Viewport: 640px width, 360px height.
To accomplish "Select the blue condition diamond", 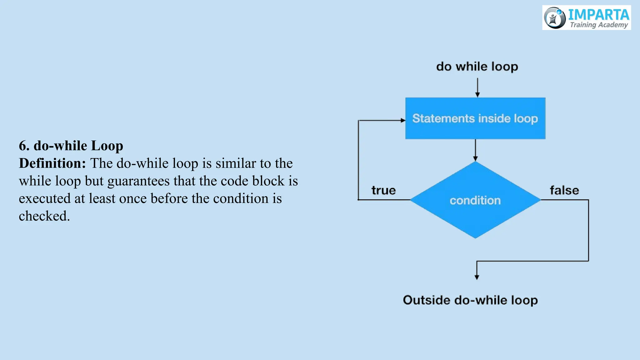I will coord(475,200).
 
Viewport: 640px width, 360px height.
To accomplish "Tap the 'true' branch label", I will coord(383,190).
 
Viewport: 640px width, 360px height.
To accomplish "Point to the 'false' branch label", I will coord(564,190).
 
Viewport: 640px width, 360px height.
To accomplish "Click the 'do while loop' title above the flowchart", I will coord(477,67).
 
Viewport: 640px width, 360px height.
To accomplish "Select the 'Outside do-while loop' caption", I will coord(470,300).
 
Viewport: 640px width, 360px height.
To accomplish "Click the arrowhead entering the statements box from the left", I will coord(403,120).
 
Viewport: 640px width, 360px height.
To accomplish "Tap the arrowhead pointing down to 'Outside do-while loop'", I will coord(477,277).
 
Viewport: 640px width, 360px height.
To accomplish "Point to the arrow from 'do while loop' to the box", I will coord(477,87).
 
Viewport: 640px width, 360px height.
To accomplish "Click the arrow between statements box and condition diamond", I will coord(475,150).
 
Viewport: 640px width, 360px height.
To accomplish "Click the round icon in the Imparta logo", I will coord(555,18).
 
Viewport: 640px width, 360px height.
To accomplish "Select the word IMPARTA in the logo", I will coord(598,14).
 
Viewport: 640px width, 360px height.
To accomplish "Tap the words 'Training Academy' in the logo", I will coord(599,25).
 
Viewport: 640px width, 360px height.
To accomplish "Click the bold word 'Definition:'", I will coord(52,163).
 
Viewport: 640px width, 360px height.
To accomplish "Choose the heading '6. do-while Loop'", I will coord(71,146).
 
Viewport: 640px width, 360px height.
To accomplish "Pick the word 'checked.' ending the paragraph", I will coord(44,216).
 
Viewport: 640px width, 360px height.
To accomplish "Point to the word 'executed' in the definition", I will coord(45,199).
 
